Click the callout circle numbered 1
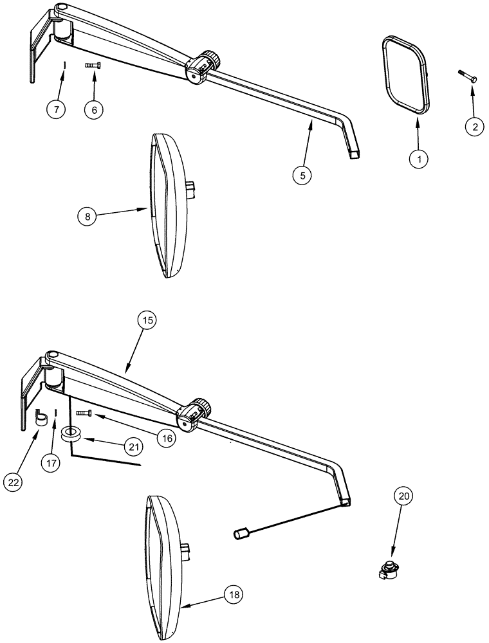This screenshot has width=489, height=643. (x=418, y=158)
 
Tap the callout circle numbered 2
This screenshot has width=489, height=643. (x=474, y=127)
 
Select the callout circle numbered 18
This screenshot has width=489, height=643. (x=234, y=595)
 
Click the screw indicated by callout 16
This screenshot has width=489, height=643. (x=84, y=412)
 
